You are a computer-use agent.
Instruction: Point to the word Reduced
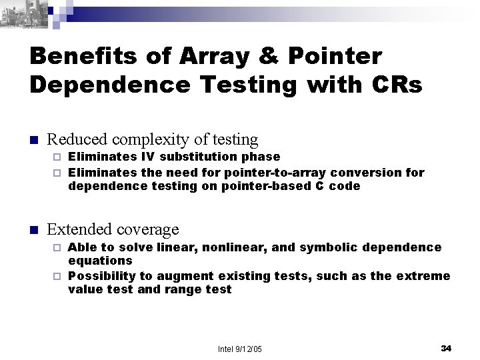point(78,139)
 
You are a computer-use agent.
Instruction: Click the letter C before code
point(317,187)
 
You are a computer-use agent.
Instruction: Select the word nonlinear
point(243,247)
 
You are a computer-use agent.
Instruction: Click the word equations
point(101,261)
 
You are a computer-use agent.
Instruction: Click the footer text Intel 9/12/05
point(240,349)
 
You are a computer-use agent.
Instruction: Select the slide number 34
point(447,349)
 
